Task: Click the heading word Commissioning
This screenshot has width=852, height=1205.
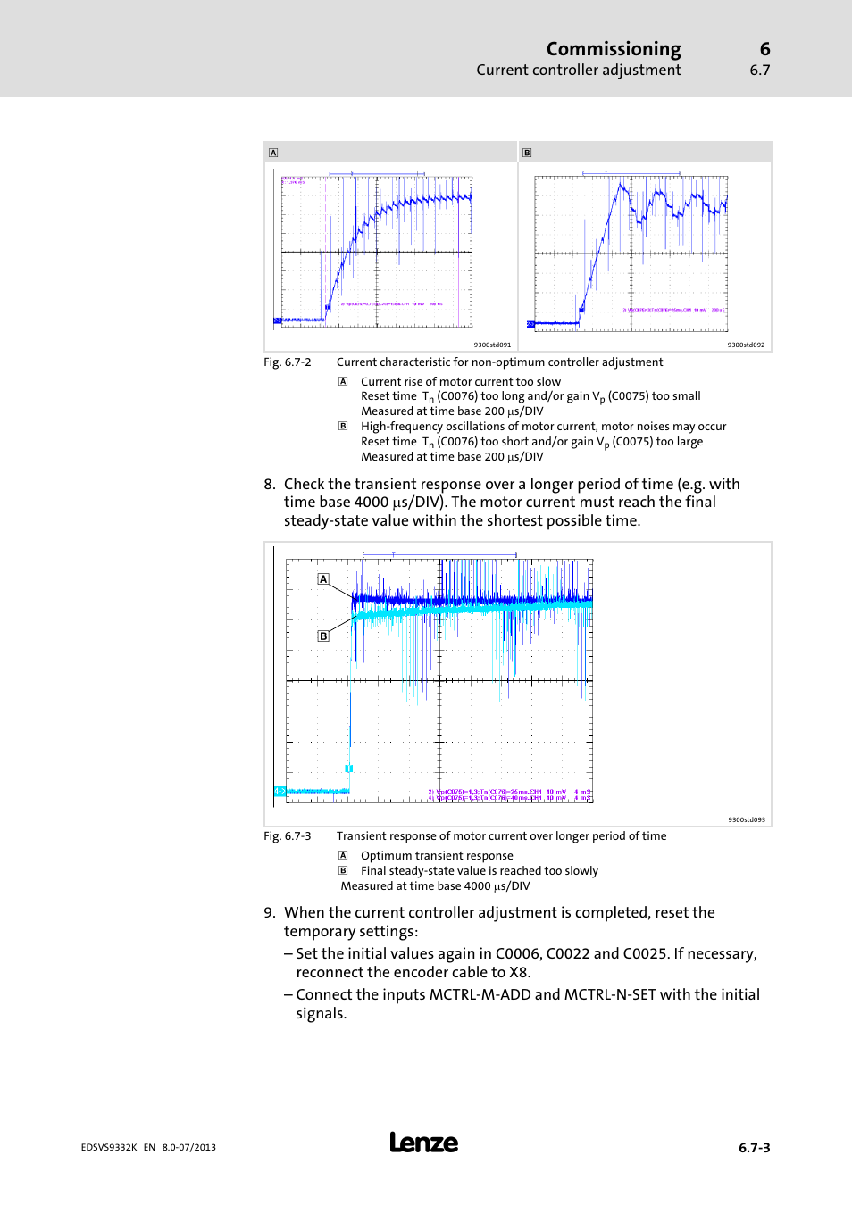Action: click(x=613, y=49)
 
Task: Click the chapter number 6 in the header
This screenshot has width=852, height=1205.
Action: click(x=764, y=49)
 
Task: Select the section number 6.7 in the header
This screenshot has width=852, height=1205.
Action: click(x=759, y=71)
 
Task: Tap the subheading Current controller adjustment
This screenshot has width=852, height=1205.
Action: click(x=578, y=71)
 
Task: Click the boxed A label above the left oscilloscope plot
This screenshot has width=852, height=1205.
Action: click(x=273, y=153)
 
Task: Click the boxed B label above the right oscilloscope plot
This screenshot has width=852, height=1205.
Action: click(x=527, y=153)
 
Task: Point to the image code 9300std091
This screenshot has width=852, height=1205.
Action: click(x=492, y=345)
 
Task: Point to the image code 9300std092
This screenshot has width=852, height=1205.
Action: click(x=746, y=345)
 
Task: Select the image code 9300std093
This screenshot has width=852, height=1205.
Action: click(x=746, y=819)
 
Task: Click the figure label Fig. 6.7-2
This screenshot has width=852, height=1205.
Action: click(x=288, y=362)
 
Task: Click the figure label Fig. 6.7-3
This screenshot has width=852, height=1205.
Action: click(x=288, y=836)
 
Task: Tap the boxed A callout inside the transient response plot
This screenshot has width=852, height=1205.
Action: click(x=323, y=579)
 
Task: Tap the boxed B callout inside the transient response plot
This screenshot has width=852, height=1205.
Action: click(x=323, y=636)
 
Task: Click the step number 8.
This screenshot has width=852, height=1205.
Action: click(x=269, y=485)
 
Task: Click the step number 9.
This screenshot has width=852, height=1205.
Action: click(x=269, y=913)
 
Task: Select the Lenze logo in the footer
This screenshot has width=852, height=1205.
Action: click(x=423, y=1143)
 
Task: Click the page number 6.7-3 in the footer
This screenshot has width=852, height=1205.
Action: click(x=754, y=1148)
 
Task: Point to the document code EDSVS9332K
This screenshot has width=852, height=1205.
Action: click(x=109, y=1148)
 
